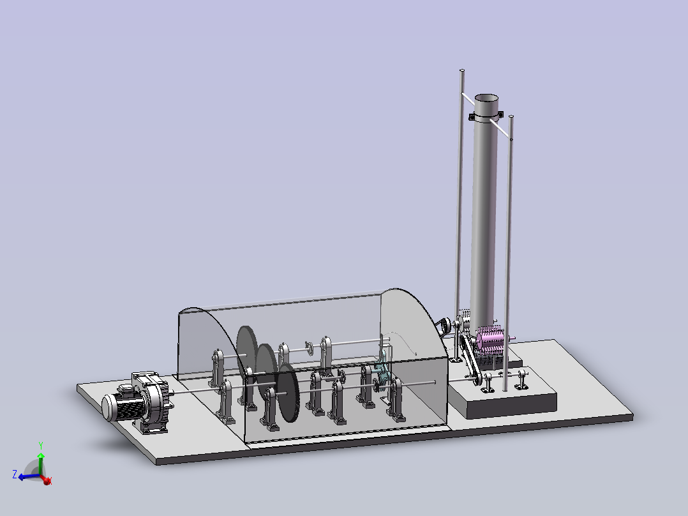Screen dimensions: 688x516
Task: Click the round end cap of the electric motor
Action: coord(108,407)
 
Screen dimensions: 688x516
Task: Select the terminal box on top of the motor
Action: coord(126,390)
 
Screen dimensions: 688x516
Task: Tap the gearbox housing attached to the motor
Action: coord(151,400)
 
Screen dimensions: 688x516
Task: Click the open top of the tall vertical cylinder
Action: coord(486,98)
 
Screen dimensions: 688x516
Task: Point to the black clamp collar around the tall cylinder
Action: coord(486,116)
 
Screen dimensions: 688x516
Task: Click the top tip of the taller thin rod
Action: coord(462,70)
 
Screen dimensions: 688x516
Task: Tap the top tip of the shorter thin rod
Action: coord(511,116)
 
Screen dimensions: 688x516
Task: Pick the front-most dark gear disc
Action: coord(288,393)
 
